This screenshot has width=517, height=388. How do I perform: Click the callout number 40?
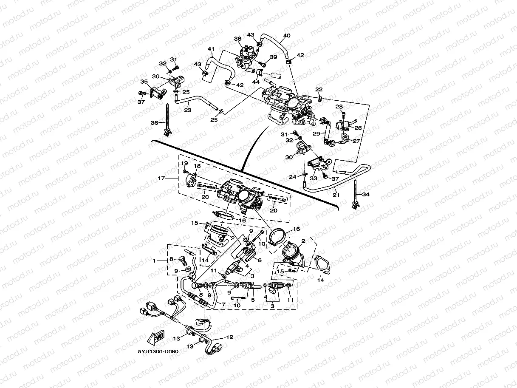tap(287, 36)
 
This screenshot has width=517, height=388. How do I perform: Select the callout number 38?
tap(237, 39)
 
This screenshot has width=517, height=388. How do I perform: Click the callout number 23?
tap(187, 110)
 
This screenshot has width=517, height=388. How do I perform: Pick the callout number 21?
tap(336, 195)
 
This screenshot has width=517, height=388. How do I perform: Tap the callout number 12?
tap(229, 337)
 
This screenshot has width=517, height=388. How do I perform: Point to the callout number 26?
tap(357, 127)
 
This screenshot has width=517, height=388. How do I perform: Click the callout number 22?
tap(319, 89)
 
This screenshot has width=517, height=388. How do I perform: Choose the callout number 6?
tap(259, 260)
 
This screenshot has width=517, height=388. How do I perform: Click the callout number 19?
tap(185, 163)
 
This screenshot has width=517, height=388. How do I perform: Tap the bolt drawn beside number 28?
tap(343, 113)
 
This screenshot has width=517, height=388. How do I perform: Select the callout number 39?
tap(273, 57)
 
